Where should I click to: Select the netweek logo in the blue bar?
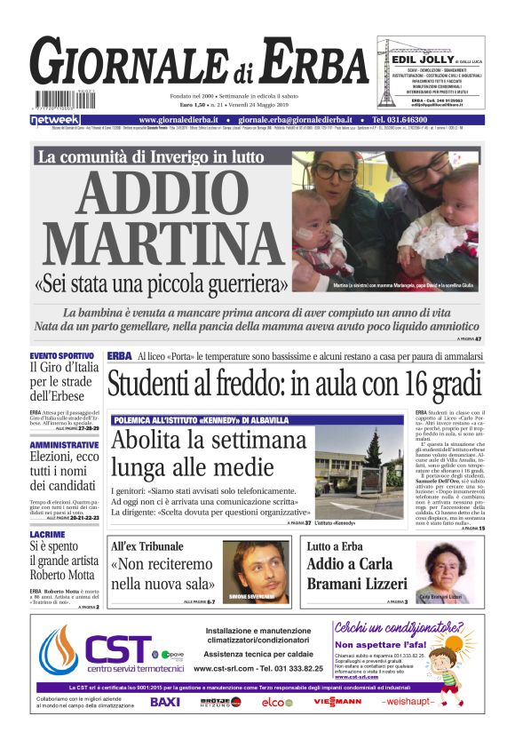pyautogui.click(x=55, y=119)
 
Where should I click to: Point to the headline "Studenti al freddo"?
pyautogui.click(x=294, y=384)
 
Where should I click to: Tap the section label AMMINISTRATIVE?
pyautogui.click(x=64, y=444)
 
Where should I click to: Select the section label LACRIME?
pyautogui.click(x=46, y=535)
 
